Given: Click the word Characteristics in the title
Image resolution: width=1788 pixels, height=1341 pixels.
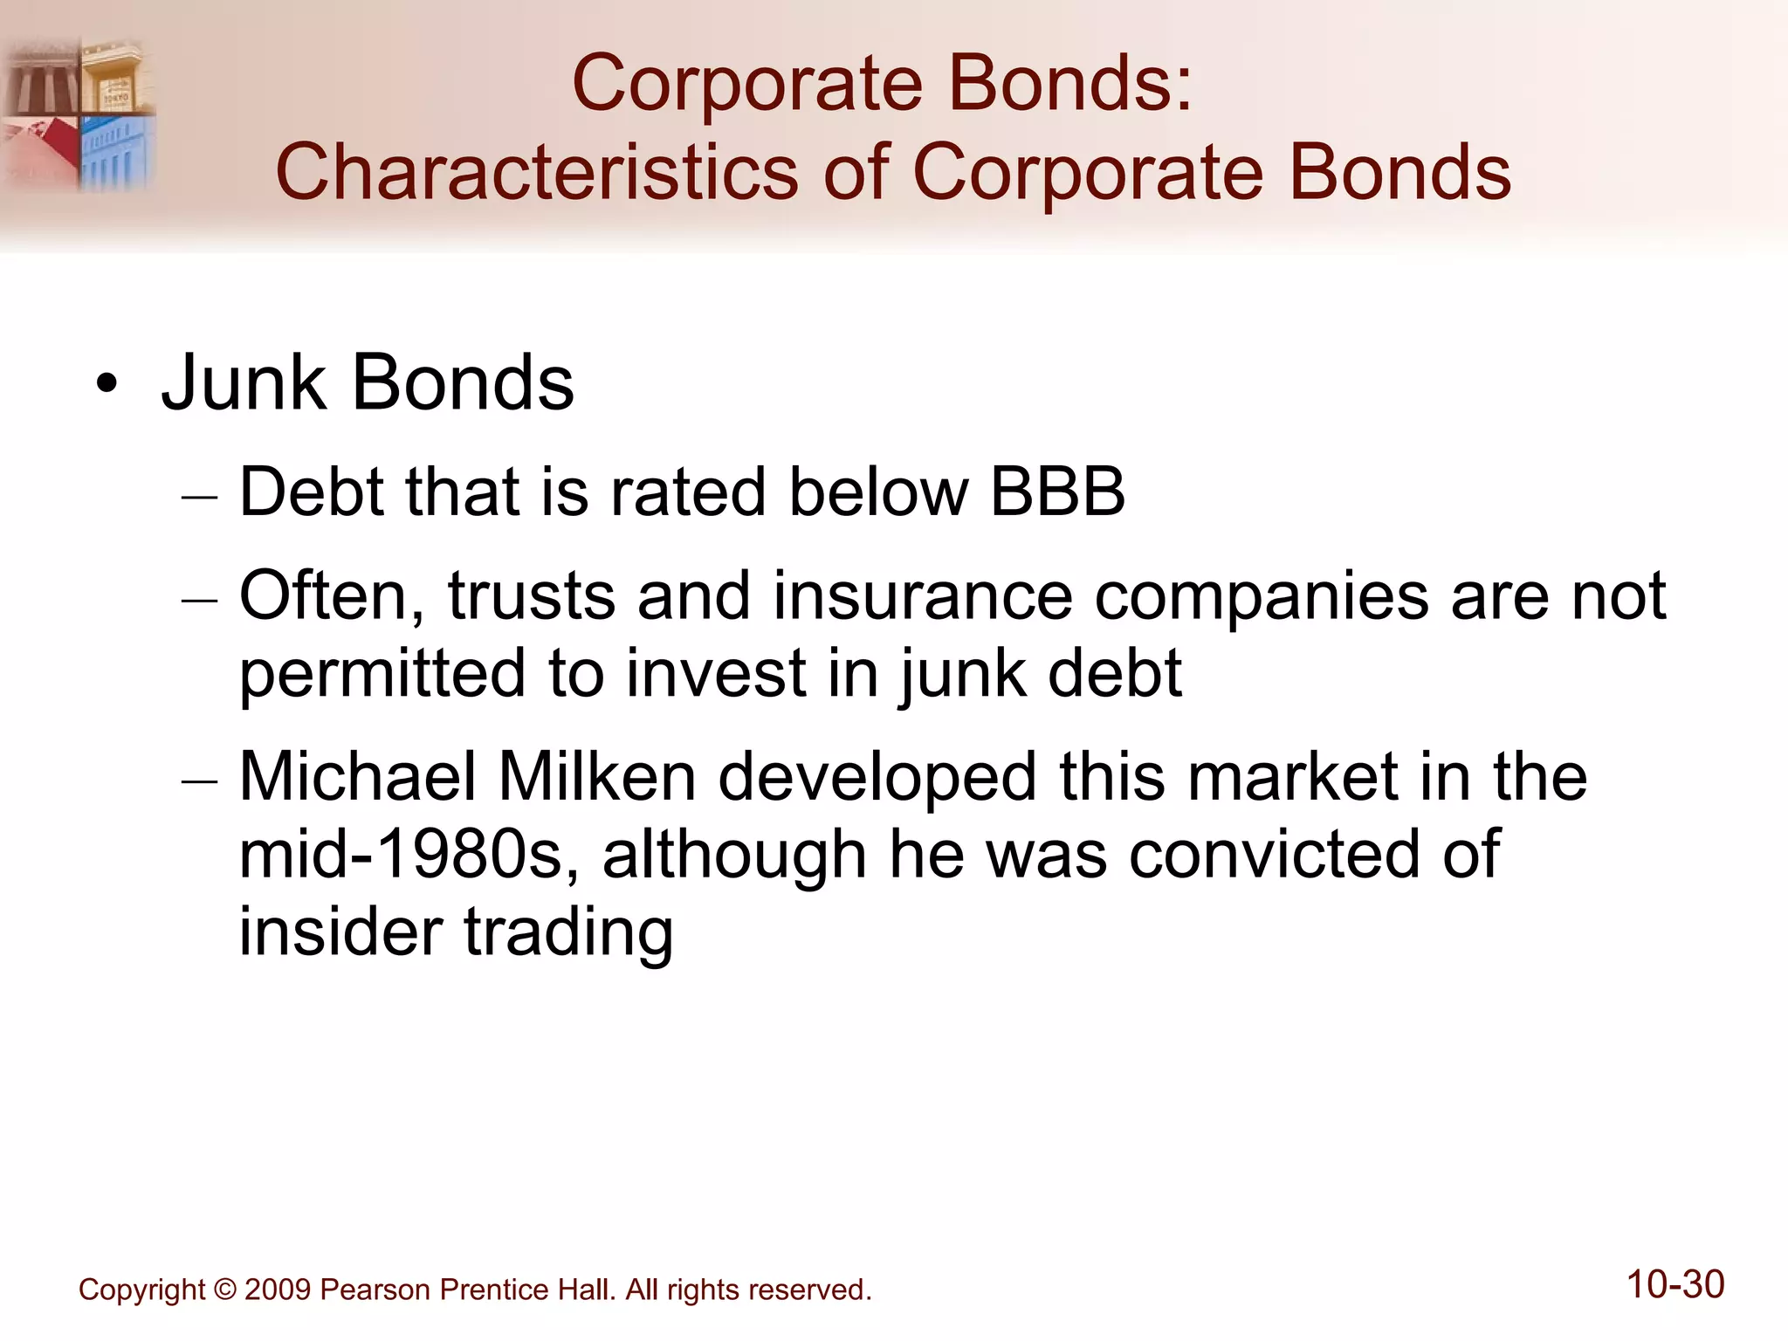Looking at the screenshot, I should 536,172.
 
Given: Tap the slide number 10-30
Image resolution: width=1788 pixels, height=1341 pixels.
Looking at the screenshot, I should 1675,1285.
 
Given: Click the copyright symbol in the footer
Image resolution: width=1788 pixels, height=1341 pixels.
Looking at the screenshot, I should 225,1289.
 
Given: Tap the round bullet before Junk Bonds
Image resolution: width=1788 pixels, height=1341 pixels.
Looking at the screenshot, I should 107,384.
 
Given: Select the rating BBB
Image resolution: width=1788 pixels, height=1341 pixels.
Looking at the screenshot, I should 1057,492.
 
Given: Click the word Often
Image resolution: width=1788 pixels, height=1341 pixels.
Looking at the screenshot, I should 332,596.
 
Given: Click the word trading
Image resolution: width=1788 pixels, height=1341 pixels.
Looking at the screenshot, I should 568,932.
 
